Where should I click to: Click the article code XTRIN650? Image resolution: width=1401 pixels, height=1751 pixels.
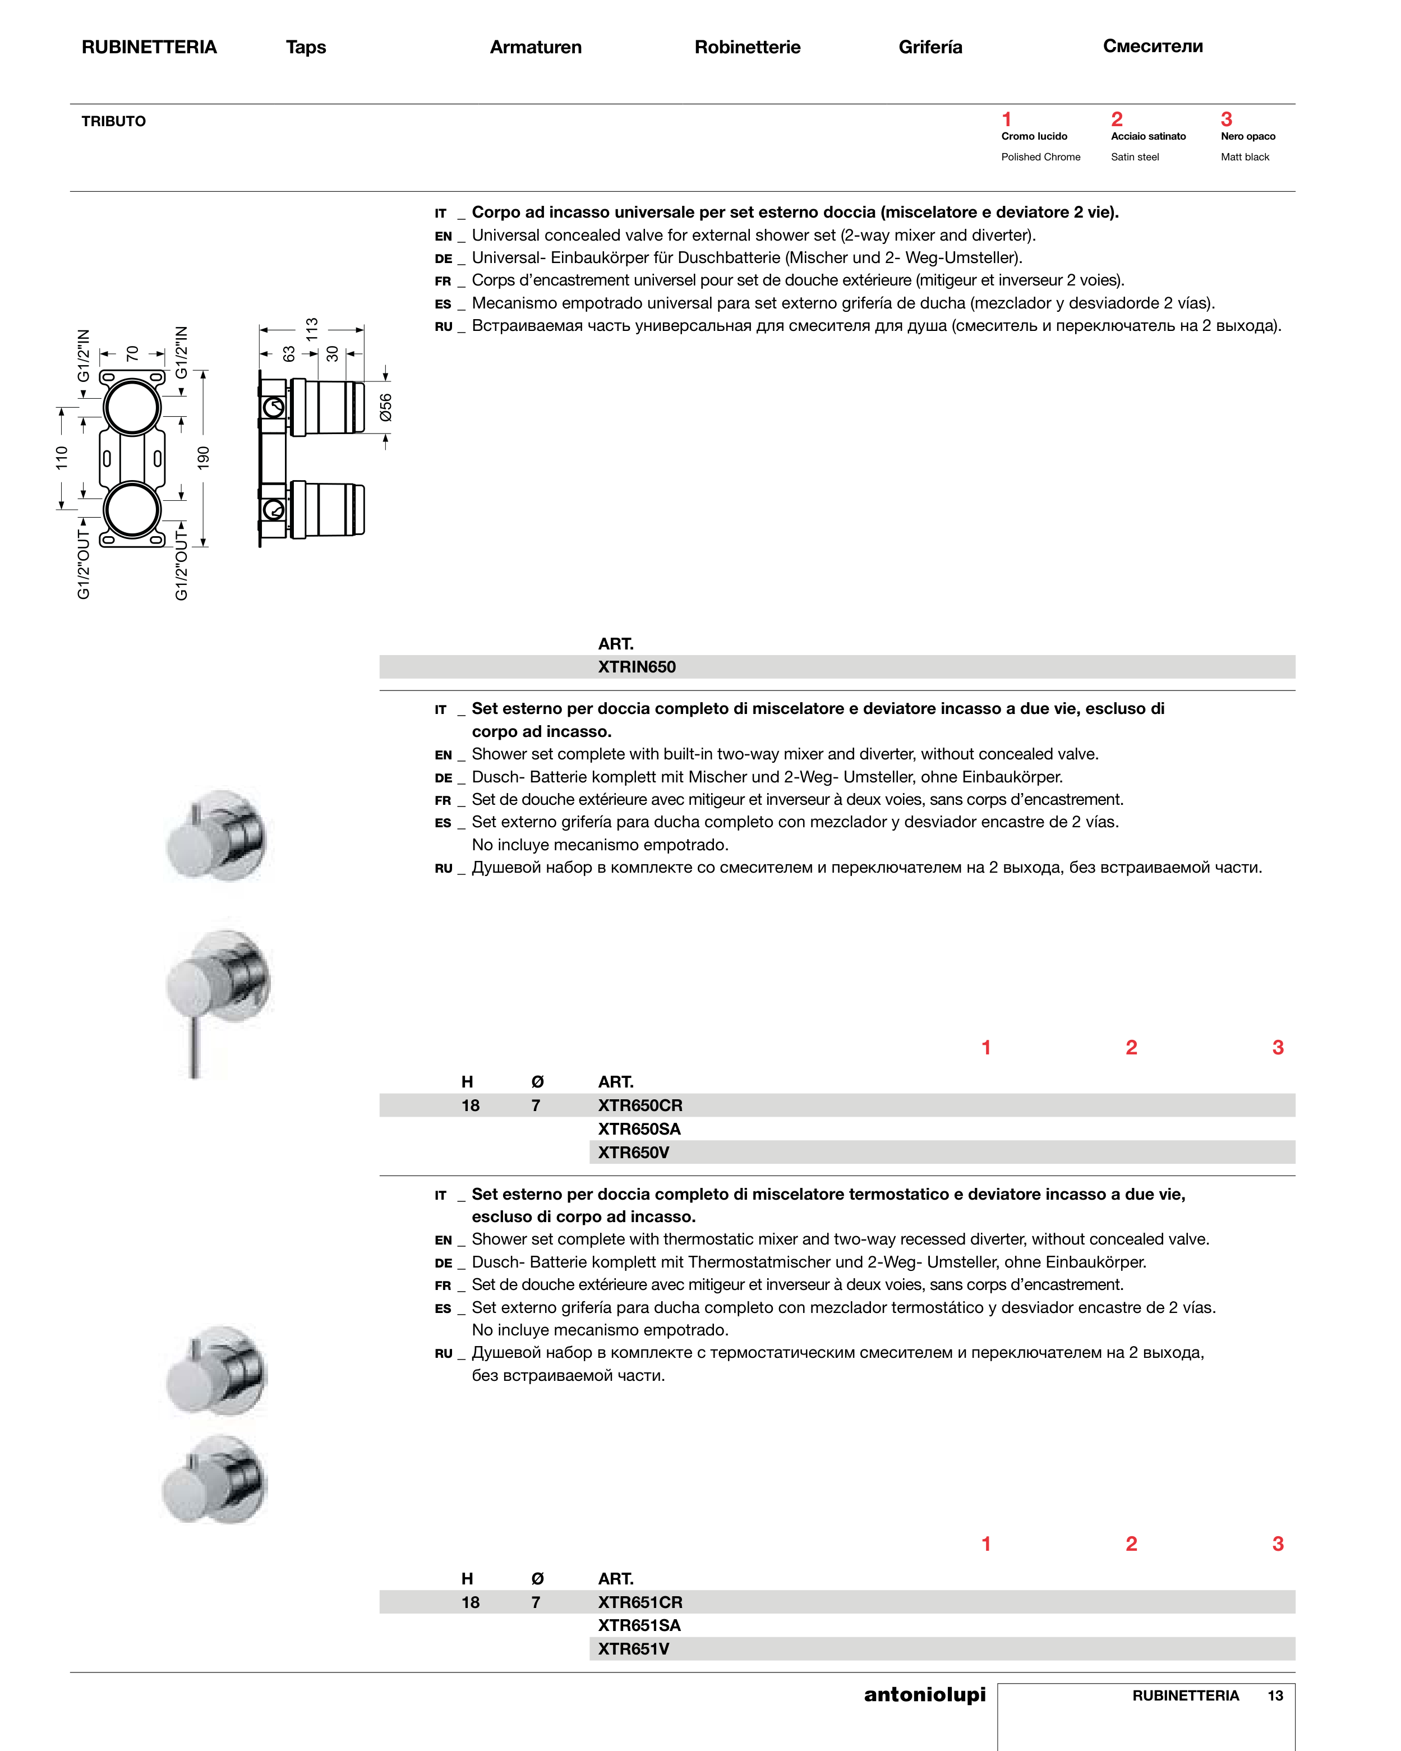coord(637,667)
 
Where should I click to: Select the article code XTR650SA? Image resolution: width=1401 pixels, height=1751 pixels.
coord(639,1129)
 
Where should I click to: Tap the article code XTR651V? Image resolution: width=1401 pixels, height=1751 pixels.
coord(634,1649)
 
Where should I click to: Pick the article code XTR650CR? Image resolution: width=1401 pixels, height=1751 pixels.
coord(640,1105)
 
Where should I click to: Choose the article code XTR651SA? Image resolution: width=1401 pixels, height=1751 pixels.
coord(639,1625)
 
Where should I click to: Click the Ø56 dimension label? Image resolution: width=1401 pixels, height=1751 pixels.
coord(386,407)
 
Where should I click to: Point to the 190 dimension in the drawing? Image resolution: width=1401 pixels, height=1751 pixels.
coord(204,457)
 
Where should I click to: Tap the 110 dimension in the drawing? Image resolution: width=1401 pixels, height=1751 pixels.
coord(62,457)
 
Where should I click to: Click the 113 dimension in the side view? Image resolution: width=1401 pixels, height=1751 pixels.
coord(312,329)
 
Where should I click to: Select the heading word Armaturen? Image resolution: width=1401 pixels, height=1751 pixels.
coord(535,47)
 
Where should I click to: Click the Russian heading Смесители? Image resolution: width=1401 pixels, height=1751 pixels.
coord(1153,47)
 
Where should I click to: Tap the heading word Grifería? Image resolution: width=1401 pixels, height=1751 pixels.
coord(930,47)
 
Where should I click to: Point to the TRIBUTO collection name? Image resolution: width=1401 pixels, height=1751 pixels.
coord(114,121)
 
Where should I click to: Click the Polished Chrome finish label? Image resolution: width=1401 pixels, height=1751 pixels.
coord(1040,156)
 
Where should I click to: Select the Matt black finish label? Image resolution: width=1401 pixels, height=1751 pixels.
coord(1245,156)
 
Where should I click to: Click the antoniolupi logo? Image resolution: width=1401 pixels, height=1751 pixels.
coord(924,1695)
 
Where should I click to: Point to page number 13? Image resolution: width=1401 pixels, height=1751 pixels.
coord(1275,1696)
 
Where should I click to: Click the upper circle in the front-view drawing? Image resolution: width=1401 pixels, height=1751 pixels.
coord(132,407)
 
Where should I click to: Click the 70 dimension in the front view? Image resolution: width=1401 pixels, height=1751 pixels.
coord(132,353)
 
